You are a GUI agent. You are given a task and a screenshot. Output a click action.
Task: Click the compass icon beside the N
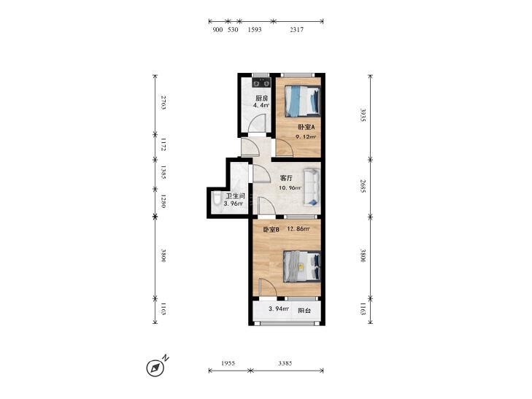155,368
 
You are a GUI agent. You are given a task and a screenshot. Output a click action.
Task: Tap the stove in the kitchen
261,82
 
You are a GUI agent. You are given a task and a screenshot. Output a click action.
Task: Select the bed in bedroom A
303,101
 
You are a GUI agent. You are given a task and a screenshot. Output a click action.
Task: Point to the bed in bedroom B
302,266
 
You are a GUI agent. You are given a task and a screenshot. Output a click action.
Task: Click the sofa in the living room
312,187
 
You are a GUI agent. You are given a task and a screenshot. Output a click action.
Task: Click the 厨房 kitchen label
262,98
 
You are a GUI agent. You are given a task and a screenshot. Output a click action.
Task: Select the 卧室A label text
307,127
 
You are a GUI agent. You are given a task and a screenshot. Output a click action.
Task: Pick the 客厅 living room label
286,178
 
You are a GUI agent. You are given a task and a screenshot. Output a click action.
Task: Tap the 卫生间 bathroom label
236,196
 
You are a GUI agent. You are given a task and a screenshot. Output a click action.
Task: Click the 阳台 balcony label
304,311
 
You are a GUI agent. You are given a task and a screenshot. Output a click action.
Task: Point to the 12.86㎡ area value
298,229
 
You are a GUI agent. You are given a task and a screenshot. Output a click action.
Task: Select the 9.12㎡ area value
306,137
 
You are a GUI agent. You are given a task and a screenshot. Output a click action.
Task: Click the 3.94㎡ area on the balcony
279,309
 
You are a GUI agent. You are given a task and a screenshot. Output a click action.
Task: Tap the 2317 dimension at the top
296,29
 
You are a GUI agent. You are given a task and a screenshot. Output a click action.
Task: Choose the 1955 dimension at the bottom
228,363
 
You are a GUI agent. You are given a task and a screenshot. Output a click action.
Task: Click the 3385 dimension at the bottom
285,363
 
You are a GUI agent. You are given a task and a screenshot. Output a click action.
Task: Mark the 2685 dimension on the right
363,186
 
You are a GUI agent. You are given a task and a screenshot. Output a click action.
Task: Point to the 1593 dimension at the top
255,29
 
